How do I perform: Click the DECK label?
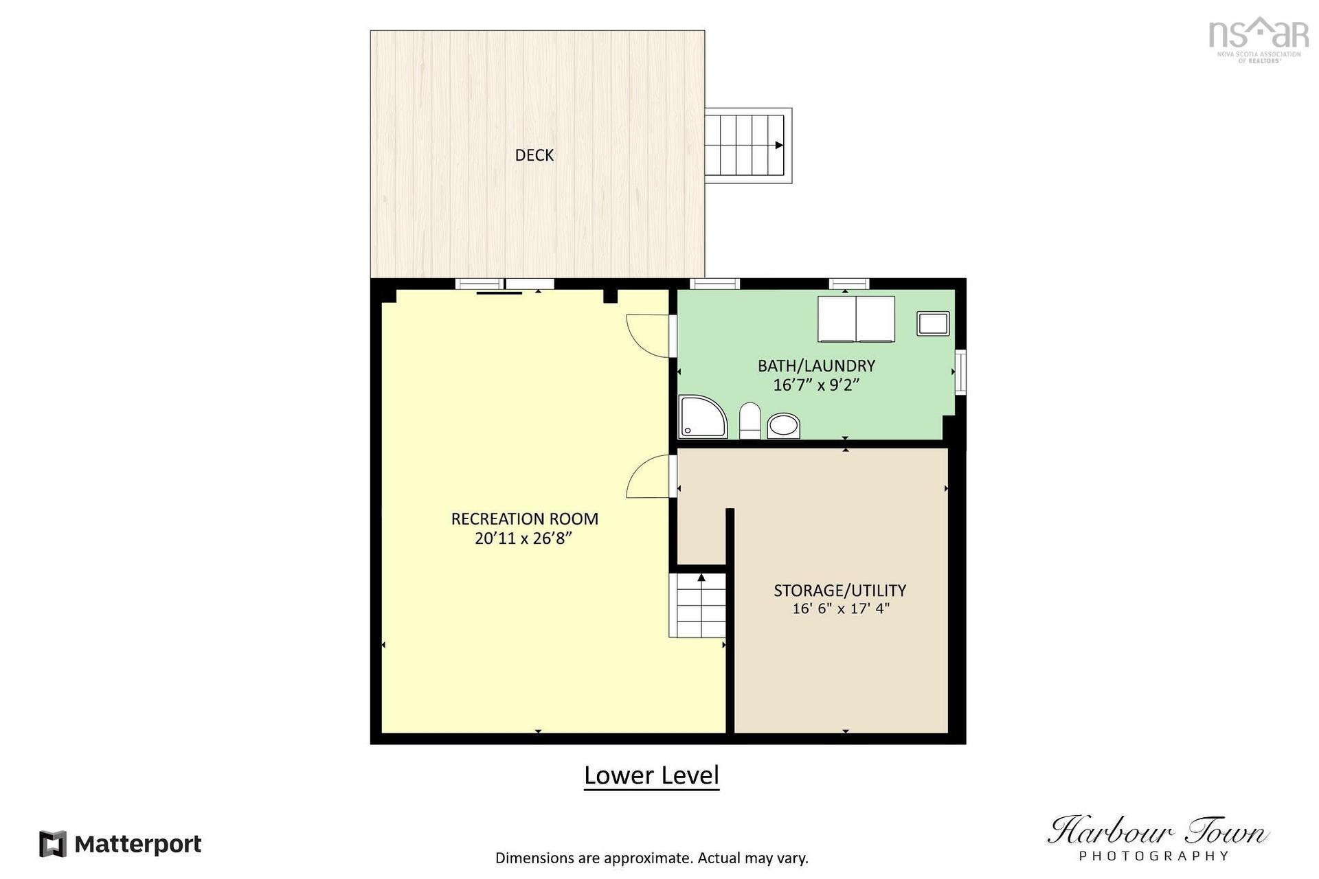tap(534, 155)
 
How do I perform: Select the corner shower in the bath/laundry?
tap(702, 417)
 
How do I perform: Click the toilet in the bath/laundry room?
tap(749, 421)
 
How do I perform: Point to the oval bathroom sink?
tap(783, 425)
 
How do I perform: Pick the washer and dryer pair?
tap(856, 319)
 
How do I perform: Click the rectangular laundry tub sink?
tap(933, 323)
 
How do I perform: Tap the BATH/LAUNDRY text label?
tap(816, 366)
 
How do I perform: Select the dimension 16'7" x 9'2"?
tap(816, 385)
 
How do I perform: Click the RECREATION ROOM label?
tap(524, 519)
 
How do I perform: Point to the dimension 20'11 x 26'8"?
tap(523, 538)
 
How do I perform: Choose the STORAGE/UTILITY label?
tap(839, 591)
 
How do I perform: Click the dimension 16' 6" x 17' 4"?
tap(840, 608)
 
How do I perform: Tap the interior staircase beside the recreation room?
tap(698, 605)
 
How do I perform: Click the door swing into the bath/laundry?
tap(649, 336)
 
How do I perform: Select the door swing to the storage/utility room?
tap(649, 476)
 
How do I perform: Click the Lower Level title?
tap(651, 775)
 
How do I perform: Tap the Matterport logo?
tap(120, 844)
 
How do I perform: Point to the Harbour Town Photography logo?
tap(1157, 837)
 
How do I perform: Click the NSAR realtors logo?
tap(1258, 40)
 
